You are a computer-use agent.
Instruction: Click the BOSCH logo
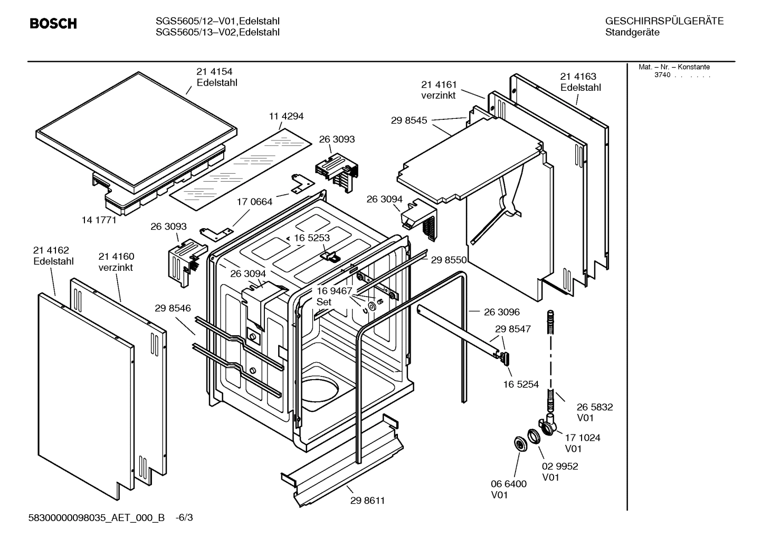click(x=53, y=24)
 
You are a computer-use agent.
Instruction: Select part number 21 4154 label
click(x=214, y=72)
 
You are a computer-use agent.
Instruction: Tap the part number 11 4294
click(x=286, y=116)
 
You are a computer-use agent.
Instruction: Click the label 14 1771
click(x=99, y=220)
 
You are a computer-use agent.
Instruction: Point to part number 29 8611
click(x=367, y=501)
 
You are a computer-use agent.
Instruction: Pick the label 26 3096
click(x=501, y=312)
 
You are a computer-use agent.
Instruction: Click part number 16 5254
click(x=521, y=384)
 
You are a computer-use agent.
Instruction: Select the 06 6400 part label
click(x=509, y=484)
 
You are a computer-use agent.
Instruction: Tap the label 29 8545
click(x=409, y=120)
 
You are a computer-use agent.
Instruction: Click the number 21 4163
click(x=578, y=77)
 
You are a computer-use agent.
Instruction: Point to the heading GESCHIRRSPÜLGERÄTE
click(x=664, y=21)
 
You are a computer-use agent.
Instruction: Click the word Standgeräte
click(x=632, y=33)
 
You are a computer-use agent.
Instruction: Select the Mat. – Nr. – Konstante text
click(x=674, y=67)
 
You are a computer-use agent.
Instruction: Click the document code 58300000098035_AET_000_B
click(x=97, y=517)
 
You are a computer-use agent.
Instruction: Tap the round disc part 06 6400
click(x=521, y=444)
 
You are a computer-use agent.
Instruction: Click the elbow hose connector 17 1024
click(x=547, y=425)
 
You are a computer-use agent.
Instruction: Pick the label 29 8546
click(x=173, y=308)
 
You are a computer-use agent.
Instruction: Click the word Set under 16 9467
click(x=324, y=302)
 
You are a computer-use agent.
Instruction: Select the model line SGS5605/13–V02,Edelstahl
click(x=217, y=33)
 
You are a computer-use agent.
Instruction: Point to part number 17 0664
click(x=254, y=202)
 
